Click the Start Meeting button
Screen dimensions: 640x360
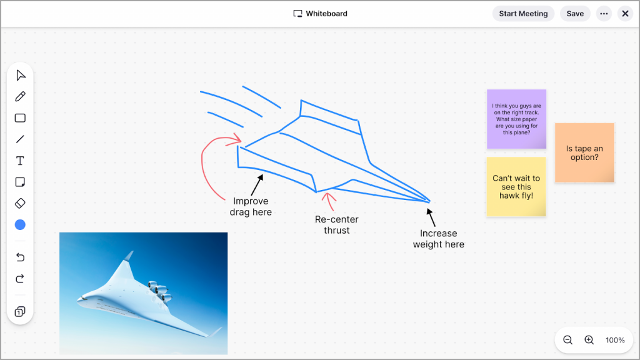click(523, 14)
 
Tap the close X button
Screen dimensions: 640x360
click(625, 14)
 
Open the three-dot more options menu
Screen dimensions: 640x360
click(604, 14)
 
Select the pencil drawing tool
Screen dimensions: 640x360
click(20, 96)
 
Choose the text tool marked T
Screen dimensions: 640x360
click(20, 161)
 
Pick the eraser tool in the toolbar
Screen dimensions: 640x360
click(20, 203)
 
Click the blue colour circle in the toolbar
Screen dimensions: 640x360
click(20, 224)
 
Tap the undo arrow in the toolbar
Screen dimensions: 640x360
click(20, 257)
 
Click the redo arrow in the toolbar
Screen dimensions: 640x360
click(20, 278)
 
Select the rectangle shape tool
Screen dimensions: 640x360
click(20, 118)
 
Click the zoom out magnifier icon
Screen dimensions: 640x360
click(567, 340)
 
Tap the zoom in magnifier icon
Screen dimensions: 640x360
click(589, 340)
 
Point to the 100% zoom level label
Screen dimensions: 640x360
click(615, 340)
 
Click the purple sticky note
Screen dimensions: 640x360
click(516, 119)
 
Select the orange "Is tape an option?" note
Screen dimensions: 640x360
click(584, 152)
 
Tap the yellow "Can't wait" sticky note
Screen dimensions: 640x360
click(516, 186)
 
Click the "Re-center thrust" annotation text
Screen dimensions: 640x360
click(337, 225)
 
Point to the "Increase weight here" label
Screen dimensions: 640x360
click(438, 239)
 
